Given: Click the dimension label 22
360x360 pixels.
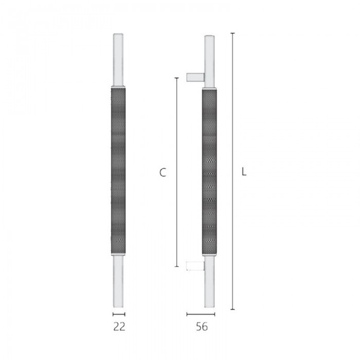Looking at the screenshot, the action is tap(119, 327).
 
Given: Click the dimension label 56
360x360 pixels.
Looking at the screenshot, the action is tap(202, 327).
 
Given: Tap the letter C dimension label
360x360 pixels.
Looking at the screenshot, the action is tap(163, 172).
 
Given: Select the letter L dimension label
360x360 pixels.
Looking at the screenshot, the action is tap(244, 172).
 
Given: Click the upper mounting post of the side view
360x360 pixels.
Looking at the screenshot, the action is tap(195, 77).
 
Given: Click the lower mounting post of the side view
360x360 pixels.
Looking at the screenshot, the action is tap(195, 266).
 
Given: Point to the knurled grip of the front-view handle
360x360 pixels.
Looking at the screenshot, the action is tap(118, 171).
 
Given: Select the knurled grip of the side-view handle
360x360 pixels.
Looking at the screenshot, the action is tap(209, 172).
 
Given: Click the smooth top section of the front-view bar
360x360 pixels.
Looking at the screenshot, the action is tap(118, 60).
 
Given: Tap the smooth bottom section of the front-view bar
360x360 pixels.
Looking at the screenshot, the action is tap(118, 281).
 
